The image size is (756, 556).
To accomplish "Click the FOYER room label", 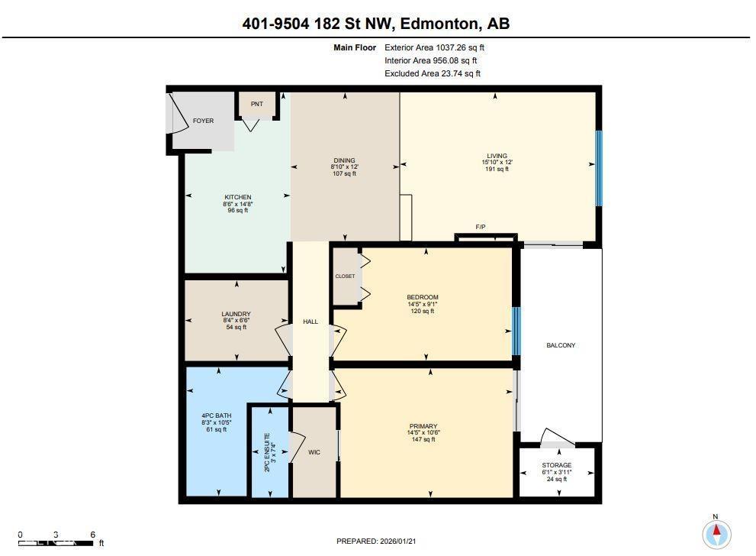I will tap(203, 121).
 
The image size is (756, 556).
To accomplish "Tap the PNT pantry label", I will tap(256, 104).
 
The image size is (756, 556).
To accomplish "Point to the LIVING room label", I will tap(497, 156).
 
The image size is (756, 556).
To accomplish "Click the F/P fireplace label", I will tap(481, 228).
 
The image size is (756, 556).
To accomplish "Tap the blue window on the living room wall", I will tap(599, 168).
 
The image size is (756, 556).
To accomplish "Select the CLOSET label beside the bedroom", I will tap(345, 276).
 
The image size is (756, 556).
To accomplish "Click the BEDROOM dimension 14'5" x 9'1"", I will tap(422, 304).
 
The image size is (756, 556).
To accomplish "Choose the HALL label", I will tap(310, 322).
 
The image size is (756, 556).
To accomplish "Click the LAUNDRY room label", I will tap(236, 314).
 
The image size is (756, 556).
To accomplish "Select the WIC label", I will tap(314, 452).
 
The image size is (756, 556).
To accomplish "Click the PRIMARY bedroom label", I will tap(423, 426).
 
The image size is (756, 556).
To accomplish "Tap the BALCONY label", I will tap(561, 345).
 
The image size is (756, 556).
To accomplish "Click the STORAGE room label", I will tap(557, 465).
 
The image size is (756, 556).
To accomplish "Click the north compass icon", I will tap(716, 533).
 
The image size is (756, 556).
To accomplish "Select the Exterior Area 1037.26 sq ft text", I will tap(434, 47).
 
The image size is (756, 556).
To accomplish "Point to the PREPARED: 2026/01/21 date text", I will tap(378, 541).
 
